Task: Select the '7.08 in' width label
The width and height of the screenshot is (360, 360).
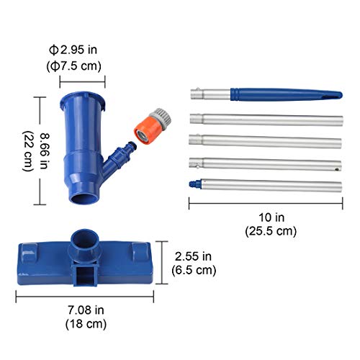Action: click(x=86, y=311)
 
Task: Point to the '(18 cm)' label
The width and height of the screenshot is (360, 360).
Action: click(x=86, y=325)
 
